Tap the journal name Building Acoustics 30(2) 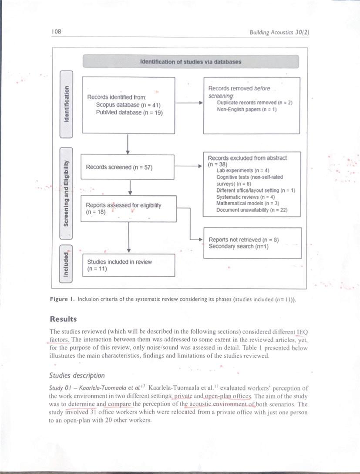[279, 32]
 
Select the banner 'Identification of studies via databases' [191, 62]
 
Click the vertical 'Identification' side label [67, 104]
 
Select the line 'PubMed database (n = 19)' [129, 112]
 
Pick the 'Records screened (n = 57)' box [128, 167]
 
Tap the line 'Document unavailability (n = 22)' [252, 210]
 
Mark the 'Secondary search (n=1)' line [238, 247]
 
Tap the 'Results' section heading [64, 319]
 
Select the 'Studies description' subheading [77, 375]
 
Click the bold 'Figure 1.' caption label [63, 300]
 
